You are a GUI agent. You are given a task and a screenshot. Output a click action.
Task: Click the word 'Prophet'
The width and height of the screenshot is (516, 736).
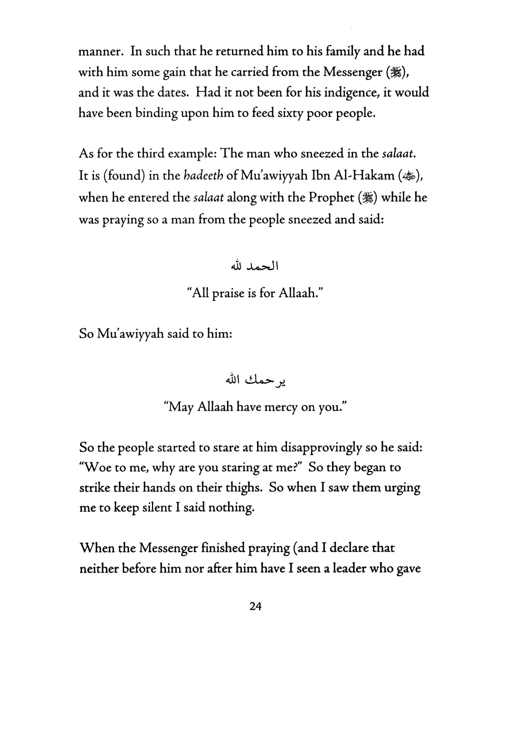pyautogui.click(x=331, y=198)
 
